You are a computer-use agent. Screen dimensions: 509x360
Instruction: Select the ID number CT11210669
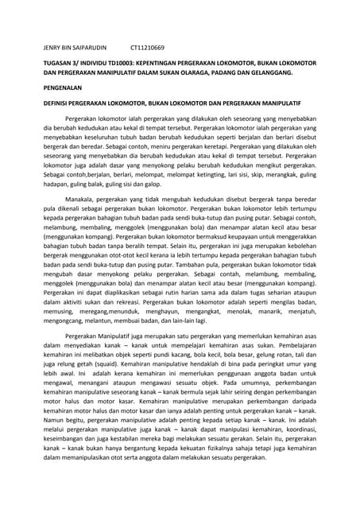click(148, 48)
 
